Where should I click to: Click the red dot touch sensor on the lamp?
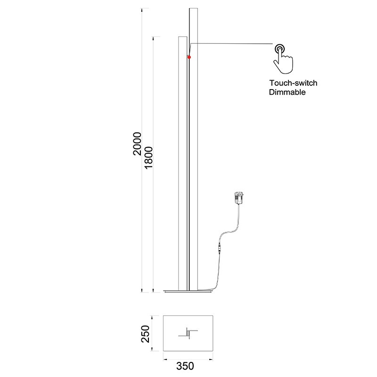(189, 57)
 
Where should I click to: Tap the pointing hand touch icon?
(283, 58)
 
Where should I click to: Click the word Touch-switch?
(293, 83)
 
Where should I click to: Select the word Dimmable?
(287, 92)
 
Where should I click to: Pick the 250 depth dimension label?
(146, 334)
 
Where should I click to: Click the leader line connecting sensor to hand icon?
(231, 44)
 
